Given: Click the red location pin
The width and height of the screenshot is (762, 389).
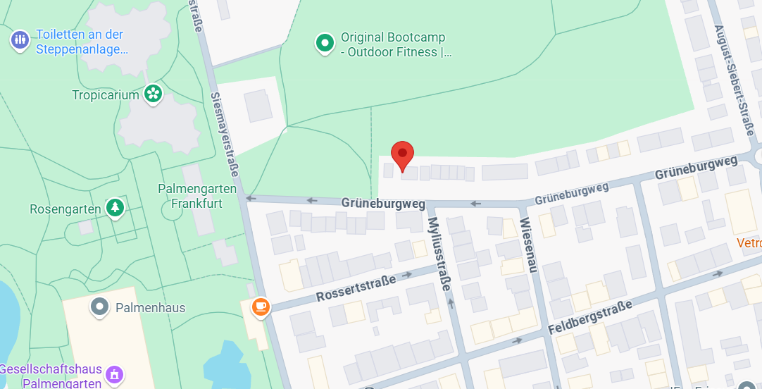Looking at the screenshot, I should (402, 154).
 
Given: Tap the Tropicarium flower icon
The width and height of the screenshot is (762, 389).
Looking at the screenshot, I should (153, 93).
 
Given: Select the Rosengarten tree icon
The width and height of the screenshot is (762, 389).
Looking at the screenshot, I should (115, 207).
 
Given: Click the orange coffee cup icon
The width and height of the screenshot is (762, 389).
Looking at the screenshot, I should (261, 307).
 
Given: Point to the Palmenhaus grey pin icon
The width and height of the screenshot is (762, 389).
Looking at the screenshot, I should (100, 307).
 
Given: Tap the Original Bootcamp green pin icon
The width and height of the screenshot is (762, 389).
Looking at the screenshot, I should (325, 43).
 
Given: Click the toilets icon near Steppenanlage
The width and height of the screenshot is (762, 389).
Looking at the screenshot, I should (20, 39).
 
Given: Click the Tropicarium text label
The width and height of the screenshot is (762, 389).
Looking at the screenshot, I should (106, 94).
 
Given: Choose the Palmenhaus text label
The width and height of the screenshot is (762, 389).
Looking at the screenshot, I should (151, 308).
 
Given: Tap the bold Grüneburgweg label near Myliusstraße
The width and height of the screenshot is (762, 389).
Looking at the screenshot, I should (383, 203).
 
